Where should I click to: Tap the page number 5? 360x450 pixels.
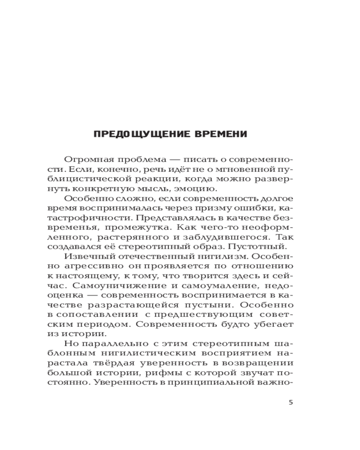tap(291, 402)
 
